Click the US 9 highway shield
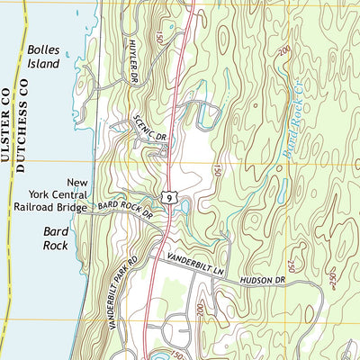click(168, 193)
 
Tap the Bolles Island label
click(42, 58)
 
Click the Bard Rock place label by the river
click(57, 238)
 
